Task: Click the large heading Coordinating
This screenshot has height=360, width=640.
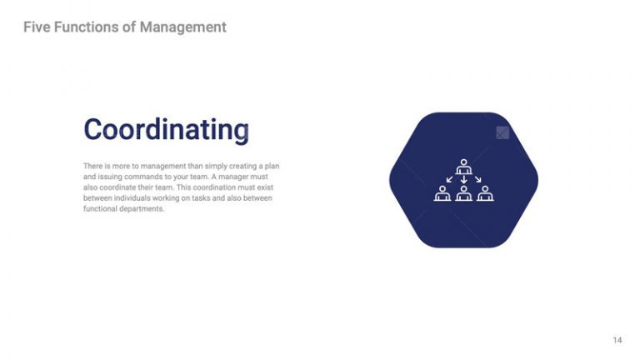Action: point(166,130)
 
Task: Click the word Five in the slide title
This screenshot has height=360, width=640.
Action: point(37,27)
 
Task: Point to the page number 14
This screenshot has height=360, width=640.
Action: point(617,339)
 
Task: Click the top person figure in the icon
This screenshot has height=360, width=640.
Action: point(463,166)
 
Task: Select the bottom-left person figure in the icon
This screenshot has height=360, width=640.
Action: point(442,194)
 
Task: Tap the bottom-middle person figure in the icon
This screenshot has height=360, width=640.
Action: point(463,194)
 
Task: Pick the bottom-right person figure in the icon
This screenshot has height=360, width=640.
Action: point(484,194)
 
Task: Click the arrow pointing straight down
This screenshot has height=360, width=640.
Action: point(463,178)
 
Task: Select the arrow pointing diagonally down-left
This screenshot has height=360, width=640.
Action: point(450,178)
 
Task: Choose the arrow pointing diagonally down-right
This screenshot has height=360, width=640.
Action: point(477,178)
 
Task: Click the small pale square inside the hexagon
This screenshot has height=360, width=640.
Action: point(502,132)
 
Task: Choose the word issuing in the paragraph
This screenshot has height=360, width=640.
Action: point(111,177)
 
